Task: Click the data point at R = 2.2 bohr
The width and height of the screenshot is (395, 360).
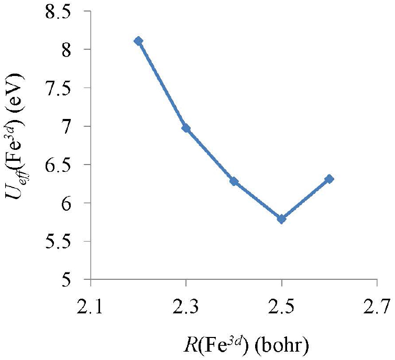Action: (138, 41)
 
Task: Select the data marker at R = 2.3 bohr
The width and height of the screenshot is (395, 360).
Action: (186, 128)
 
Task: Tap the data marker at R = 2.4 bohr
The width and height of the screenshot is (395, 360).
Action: (234, 181)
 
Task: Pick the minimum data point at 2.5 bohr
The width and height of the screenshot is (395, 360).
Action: (282, 219)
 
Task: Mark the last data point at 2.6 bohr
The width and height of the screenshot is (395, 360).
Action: (329, 179)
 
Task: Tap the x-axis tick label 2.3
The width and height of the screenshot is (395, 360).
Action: (186, 303)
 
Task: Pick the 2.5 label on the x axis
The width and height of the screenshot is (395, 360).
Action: (282, 303)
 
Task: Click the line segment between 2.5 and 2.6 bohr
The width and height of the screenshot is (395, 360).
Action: (305, 199)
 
